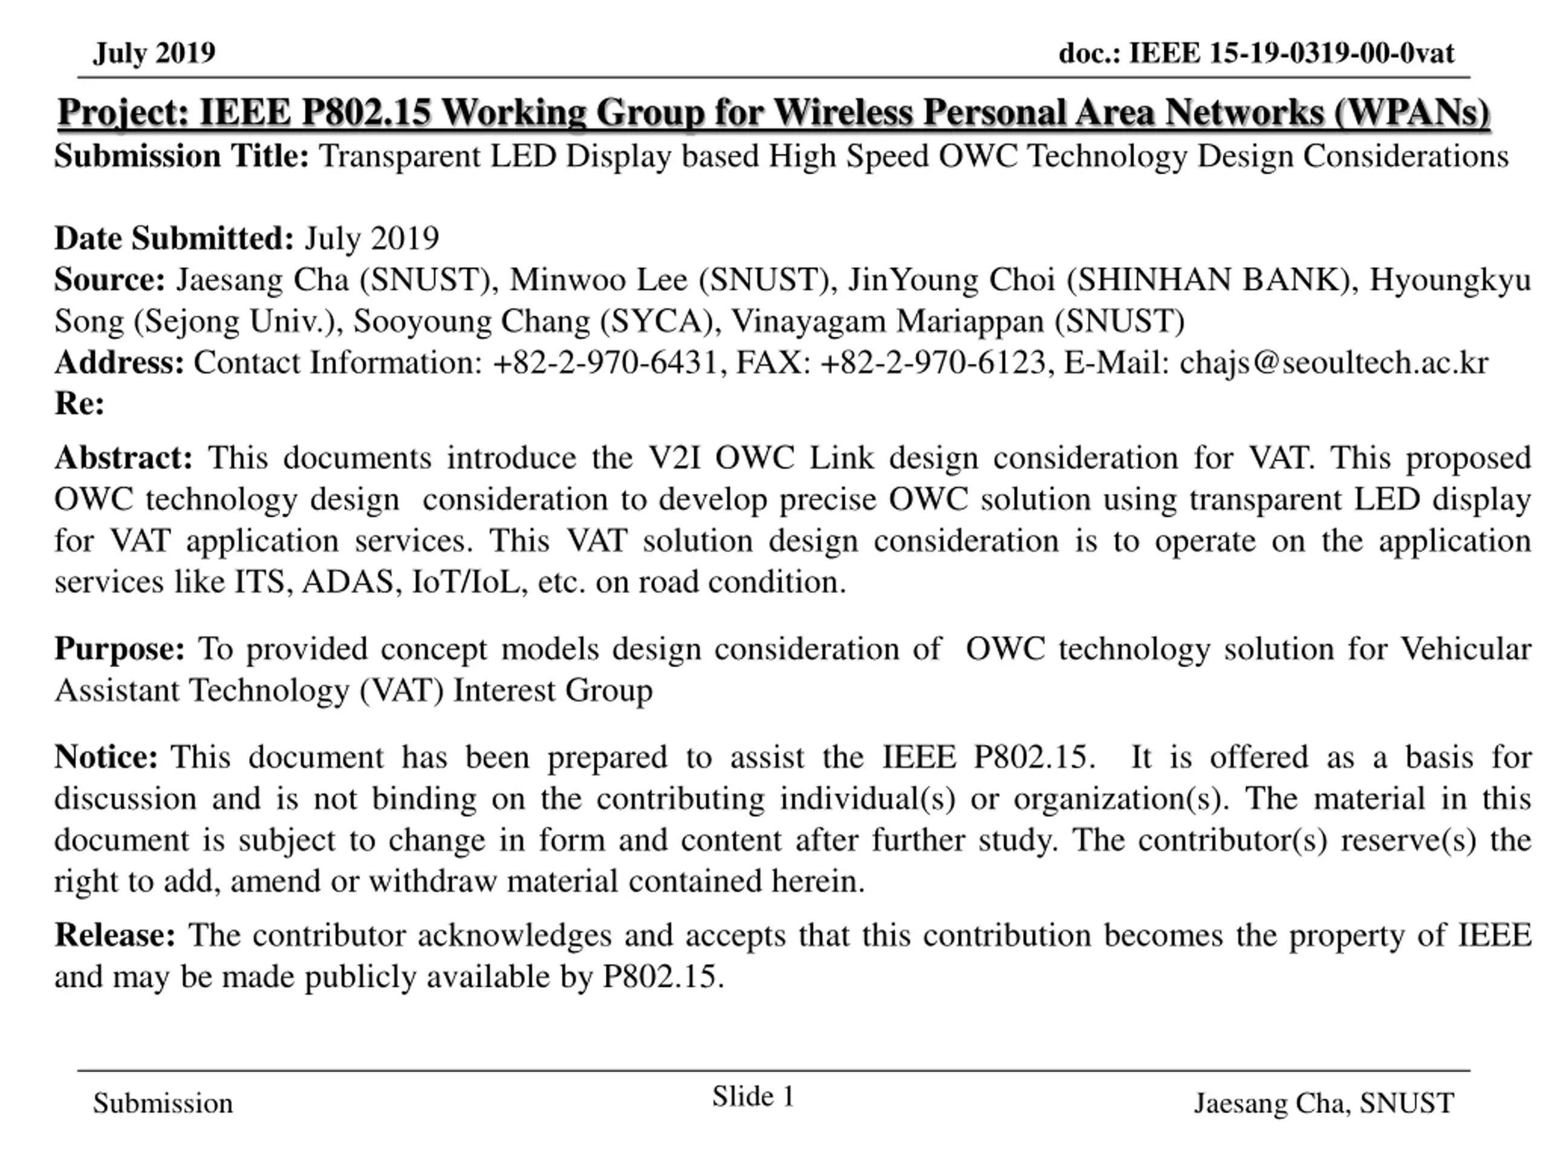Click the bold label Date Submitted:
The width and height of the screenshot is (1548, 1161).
[174, 239]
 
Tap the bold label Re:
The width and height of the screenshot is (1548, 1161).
[79, 405]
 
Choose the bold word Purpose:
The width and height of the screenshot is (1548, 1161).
[120, 649]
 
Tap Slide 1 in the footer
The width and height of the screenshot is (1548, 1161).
[753, 1097]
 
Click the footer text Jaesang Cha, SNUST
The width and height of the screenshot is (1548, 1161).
[1323, 1104]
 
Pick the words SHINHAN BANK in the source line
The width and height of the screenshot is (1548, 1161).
[1211, 281]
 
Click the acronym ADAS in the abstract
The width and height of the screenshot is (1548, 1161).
[348, 582]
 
